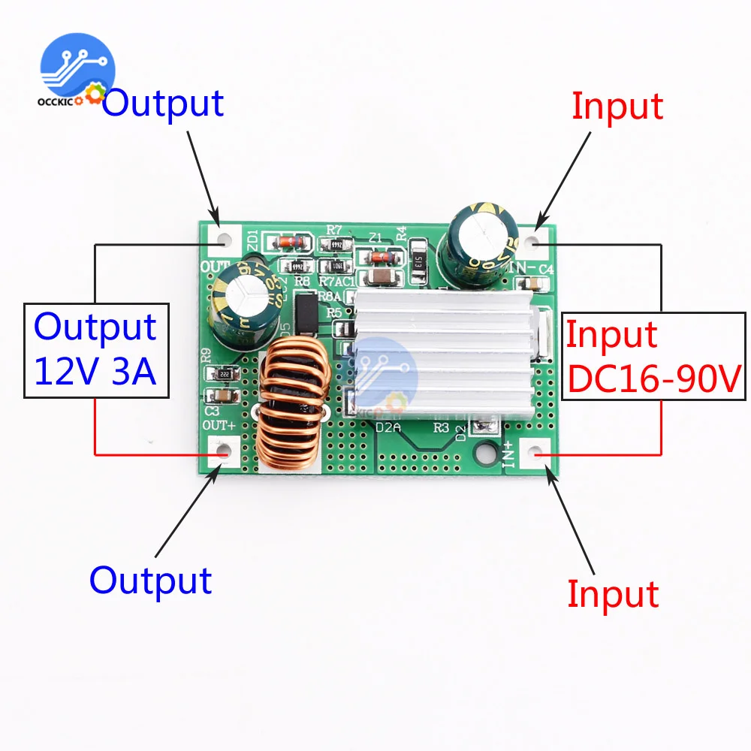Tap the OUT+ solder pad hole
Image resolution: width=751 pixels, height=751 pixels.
tap(222, 452)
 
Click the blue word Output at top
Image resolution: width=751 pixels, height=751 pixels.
tap(163, 103)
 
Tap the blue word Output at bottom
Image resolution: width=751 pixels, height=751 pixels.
tap(150, 580)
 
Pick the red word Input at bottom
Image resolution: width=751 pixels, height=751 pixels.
tap(613, 593)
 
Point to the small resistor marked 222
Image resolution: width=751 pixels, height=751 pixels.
tap(223, 374)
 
